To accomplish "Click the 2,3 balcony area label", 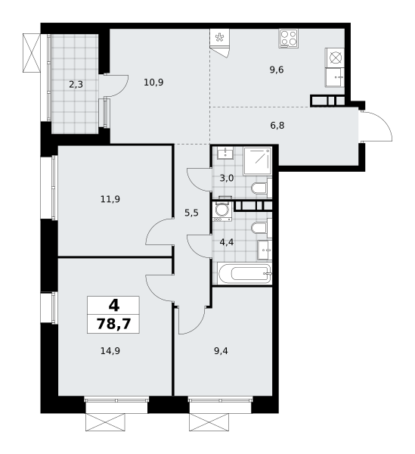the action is point(76,85).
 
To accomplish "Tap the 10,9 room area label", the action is point(153,82).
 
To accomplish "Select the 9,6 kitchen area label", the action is point(277,70).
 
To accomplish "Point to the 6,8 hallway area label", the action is point(277,126).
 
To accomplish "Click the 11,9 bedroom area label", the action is point(110,199).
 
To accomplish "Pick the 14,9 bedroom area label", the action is point(110,351).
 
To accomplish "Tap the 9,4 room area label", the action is point(221,351).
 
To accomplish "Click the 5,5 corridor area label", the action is point(191,213).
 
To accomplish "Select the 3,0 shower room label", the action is point(227,178).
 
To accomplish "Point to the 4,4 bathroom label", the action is point(227,242).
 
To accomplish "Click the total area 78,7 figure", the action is point(113,324).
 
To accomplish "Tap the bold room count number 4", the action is point(114,306).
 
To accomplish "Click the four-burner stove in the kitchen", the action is point(289,39).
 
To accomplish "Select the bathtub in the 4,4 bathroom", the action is point(245,273).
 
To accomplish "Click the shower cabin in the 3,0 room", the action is point(257,161).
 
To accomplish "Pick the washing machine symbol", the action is point(221,212).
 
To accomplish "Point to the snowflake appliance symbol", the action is point(219,37).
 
